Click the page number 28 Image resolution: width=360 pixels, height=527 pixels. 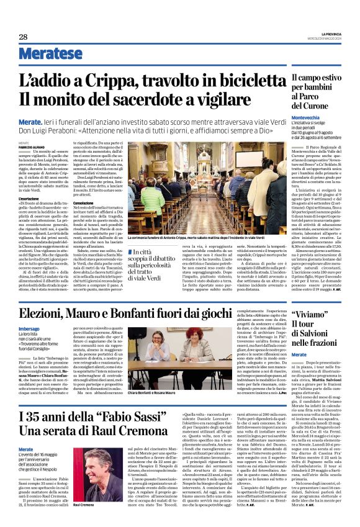[23, 37]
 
